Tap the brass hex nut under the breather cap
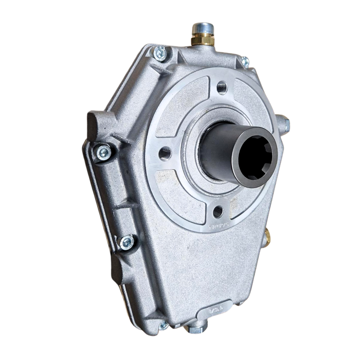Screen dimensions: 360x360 coord(203,39)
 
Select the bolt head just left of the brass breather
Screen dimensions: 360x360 coord(159,53)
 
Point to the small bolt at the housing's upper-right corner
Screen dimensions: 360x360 coord(245,62)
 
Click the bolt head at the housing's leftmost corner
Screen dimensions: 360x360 coord(104,152)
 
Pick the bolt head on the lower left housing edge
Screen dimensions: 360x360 coord(126,242)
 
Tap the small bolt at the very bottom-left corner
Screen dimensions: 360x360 coord(163,325)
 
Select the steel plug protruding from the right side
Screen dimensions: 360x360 coord(284,123)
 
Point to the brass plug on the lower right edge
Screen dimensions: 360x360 coord(268,236)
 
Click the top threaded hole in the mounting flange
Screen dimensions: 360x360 coord(222,88)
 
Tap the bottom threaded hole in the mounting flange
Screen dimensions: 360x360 coord(217,212)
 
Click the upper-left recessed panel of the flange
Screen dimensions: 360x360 coord(180,104)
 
